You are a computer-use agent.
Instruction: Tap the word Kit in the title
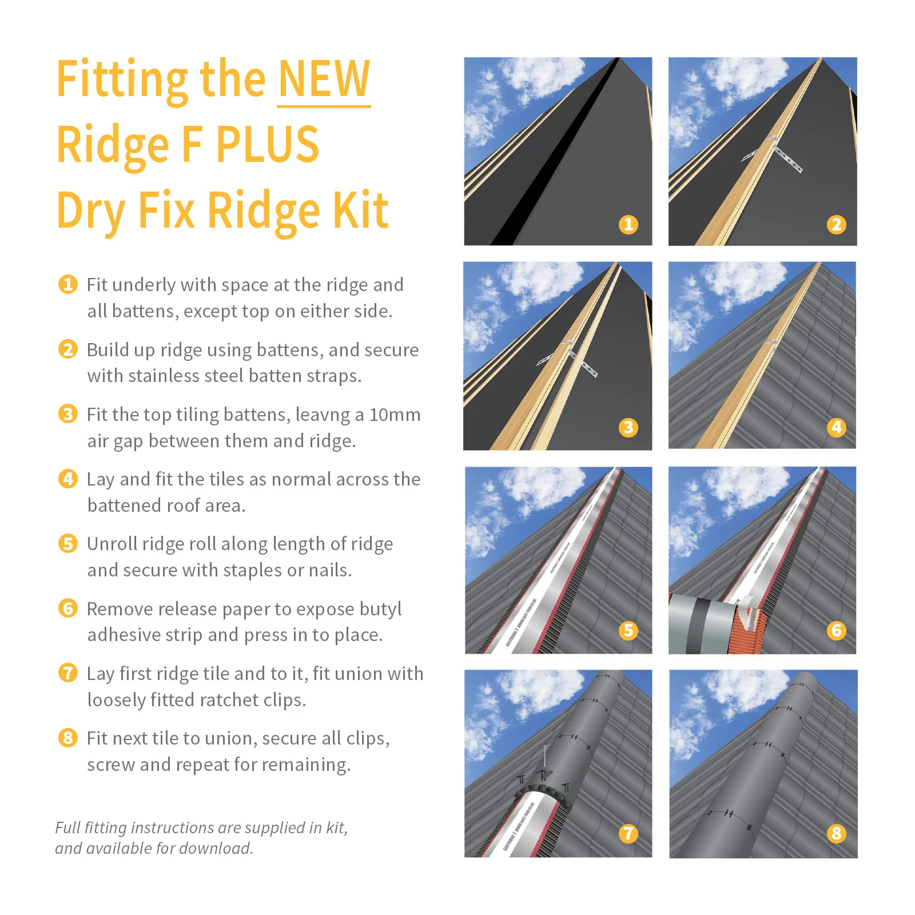[x=360, y=210]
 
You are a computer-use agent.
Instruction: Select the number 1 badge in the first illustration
[x=628, y=224]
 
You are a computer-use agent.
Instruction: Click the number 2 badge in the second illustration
[x=836, y=224]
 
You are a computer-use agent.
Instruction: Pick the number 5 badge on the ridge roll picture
[x=628, y=630]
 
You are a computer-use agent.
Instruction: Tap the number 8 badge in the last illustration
[x=836, y=833]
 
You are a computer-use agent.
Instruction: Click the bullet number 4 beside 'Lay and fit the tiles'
[x=68, y=479]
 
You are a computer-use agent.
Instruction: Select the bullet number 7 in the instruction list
[x=68, y=673]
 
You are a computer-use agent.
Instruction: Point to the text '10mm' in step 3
[x=395, y=415]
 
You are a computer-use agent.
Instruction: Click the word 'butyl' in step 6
[x=377, y=609]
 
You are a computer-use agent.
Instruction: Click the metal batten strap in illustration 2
[x=788, y=160]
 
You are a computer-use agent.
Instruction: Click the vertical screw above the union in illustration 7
[x=545, y=758]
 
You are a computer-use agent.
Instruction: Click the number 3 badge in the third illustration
[x=628, y=427]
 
